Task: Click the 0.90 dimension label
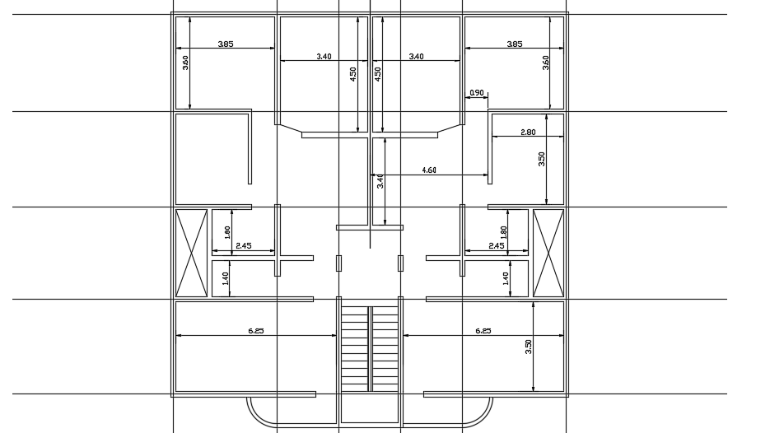pos(476,92)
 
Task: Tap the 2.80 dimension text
pos(528,132)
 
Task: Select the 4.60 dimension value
pos(429,170)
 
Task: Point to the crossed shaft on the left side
pos(191,253)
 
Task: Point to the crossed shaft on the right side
pos(548,253)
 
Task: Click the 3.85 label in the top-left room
pos(226,44)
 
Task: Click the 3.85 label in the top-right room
pos(514,44)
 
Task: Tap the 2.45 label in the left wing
pos(243,245)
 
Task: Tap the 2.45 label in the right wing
pos(496,245)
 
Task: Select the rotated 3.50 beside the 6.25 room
pos(529,347)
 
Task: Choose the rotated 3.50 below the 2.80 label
pos(542,159)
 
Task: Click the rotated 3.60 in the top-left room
pos(186,63)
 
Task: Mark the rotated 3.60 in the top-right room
pos(545,63)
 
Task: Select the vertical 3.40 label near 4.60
pos(380,181)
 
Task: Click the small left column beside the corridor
pos(339,263)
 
